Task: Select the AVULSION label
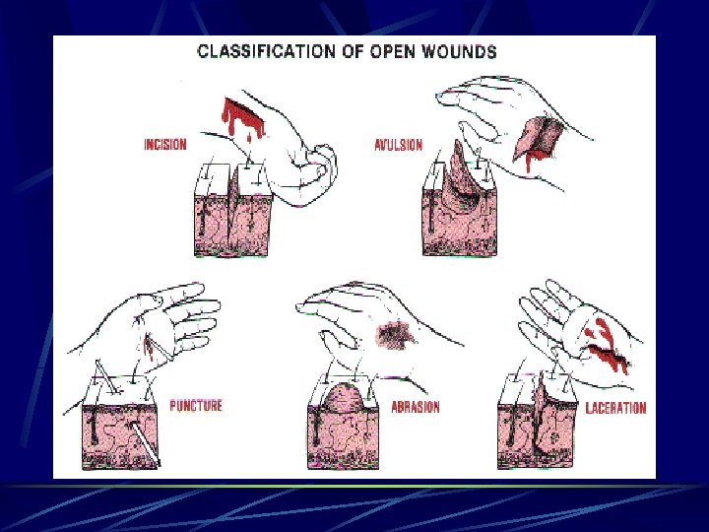click(x=398, y=145)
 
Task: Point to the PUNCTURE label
click(x=196, y=405)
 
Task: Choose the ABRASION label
click(x=414, y=407)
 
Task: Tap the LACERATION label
click(x=616, y=408)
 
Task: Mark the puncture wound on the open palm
click(x=153, y=344)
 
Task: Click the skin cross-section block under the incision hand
click(x=228, y=212)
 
